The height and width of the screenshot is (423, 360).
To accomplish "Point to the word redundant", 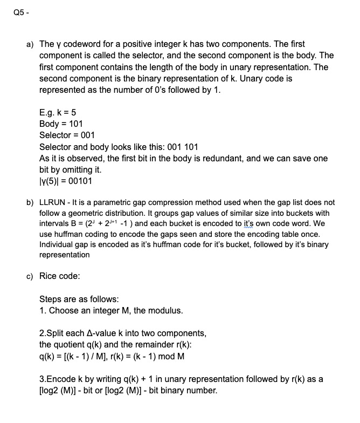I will point(211,158).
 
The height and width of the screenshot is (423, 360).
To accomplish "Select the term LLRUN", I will point(54,202).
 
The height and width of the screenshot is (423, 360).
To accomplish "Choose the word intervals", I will point(54,224).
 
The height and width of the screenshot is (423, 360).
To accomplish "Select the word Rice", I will point(49,276).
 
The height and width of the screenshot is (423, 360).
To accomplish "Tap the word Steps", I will point(51,299).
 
